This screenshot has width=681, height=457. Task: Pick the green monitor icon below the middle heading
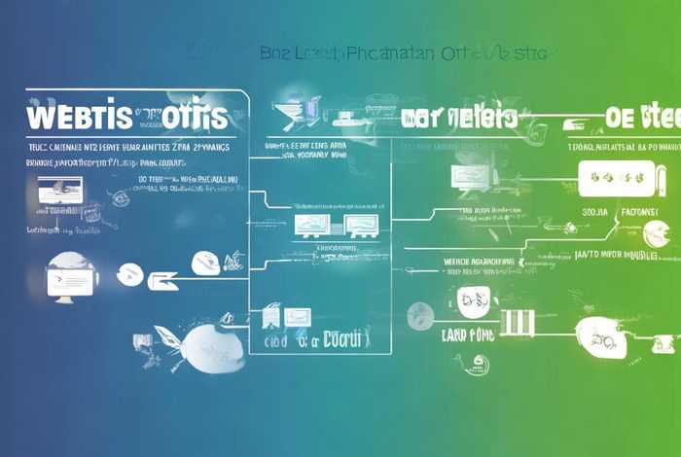tap(466, 176)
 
